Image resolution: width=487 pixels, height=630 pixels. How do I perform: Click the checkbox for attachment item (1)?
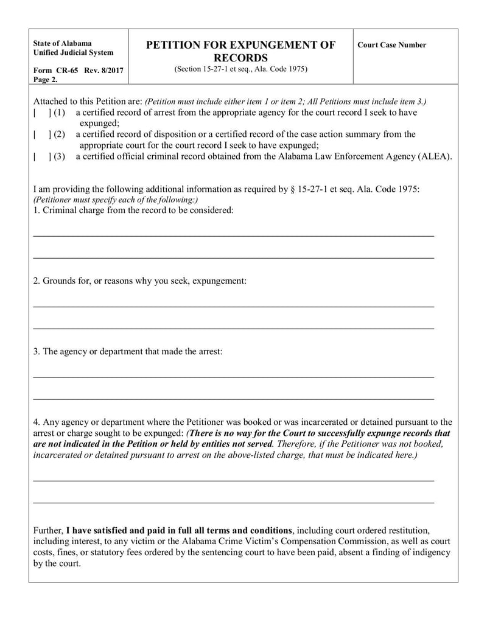tap(41, 113)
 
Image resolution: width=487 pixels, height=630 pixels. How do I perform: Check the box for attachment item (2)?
tap(41, 135)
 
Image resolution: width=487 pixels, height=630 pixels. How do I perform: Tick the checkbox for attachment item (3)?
tap(41, 156)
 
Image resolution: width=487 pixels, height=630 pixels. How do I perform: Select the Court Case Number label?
tap(391, 45)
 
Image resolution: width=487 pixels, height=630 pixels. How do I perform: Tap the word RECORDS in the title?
tap(241, 58)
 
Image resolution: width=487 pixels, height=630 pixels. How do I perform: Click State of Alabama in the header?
tap(63, 44)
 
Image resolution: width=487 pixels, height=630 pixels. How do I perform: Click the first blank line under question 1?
tap(233, 235)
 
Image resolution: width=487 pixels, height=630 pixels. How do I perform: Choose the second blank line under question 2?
tap(233, 329)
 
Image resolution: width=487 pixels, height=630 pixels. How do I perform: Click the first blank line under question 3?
tap(233, 377)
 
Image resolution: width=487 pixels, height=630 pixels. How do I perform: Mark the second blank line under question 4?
tap(233, 503)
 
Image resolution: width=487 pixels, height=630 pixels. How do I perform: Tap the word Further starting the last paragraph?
tap(47, 530)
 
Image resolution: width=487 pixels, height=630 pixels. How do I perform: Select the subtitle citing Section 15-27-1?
tap(240, 69)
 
